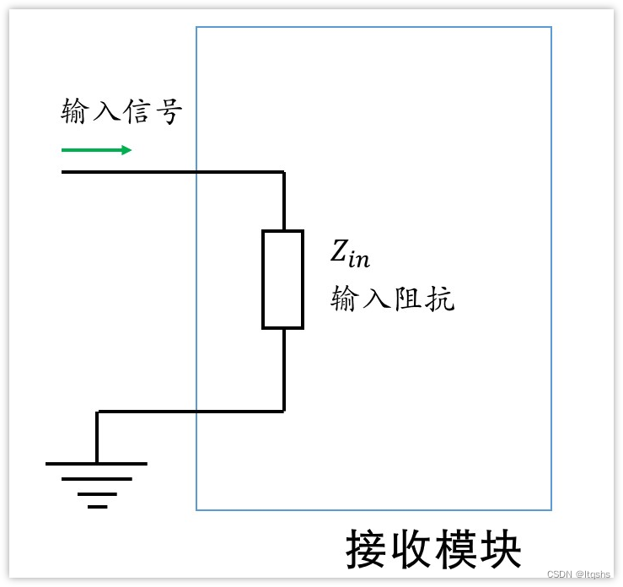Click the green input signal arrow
[x=96, y=150]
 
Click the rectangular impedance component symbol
[x=282, y=279]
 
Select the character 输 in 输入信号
[x=77, y=111]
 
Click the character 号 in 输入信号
[x=168, y=111]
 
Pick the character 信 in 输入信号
[x=137, y=111]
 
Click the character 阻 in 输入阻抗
[x=409, y=298]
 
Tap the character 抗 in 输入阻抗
[x=440, y=298]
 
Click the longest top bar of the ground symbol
[x=96, y=464]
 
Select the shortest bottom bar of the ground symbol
[x=97, y=507]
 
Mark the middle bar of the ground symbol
[x=97, y=479]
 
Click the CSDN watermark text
[x=577, y=574]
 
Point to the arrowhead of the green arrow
[x=126, y=150]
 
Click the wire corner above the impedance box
[x=283, y=172]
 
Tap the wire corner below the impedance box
[x=283, y=411]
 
